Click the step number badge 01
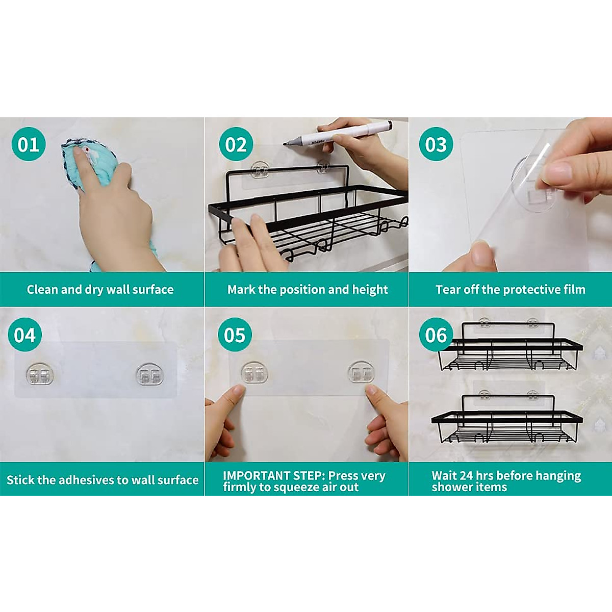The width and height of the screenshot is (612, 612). pyautogui.click(x=29, y=144)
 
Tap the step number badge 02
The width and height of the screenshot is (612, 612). pyautogui.click(x=236, y=144)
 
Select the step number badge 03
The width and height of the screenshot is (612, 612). pyautogui.click(x=436, y=144)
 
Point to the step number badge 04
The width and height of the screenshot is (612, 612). pyautogui.click(x=25, y=335)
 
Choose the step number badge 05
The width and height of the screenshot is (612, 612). pyautogui.click(x=235, y=335)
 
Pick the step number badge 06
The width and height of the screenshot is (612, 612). pyautogui.click(x=436, y=335)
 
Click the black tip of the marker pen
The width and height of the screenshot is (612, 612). pyautogui.click(x=286, y=144)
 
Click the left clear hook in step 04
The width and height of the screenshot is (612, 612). pyautogui.click(x=40, y=375)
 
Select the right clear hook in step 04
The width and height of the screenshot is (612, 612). pyautogui.click(x=149, y=374)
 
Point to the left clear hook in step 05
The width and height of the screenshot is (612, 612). pyautogui.click(x=254, y=372)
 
